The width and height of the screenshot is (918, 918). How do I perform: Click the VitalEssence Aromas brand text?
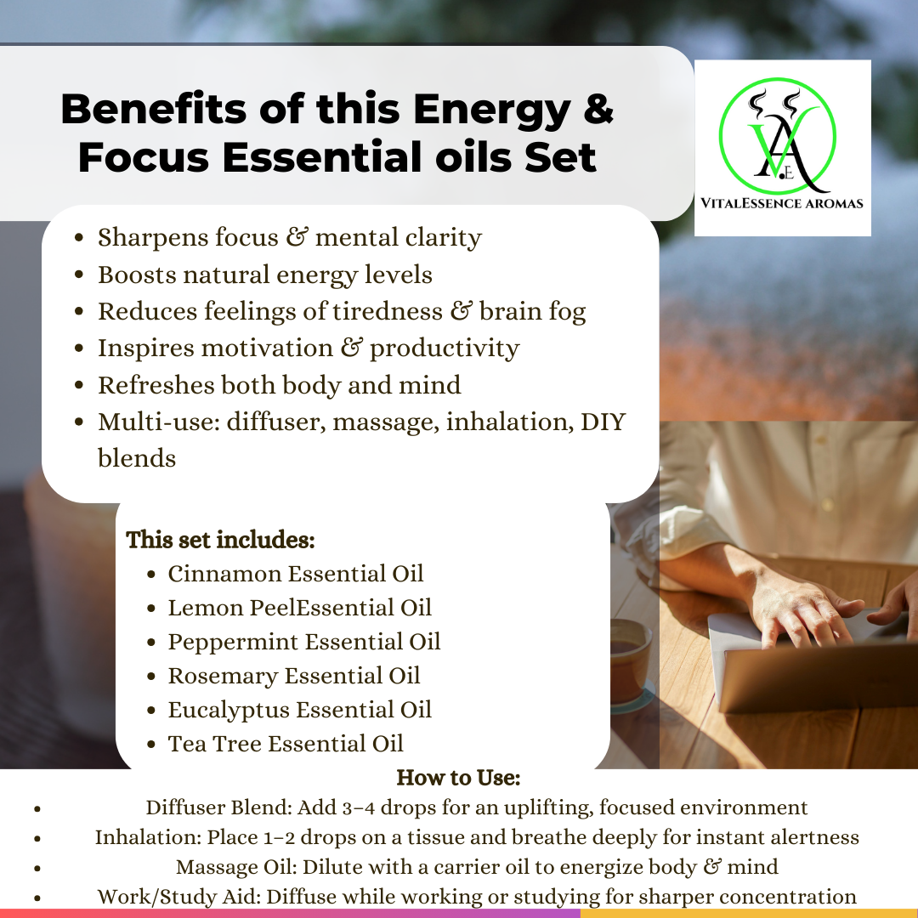782,203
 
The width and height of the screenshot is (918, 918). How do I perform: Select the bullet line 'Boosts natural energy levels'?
264,275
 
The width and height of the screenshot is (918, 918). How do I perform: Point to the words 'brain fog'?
532,312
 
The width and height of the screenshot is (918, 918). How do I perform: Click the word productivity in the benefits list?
445,349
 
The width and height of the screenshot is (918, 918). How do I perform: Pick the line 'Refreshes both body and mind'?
280,385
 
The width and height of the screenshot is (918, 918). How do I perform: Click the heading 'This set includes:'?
220,540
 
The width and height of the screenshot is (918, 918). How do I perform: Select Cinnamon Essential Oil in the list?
295,574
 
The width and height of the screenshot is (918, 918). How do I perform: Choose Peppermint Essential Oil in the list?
303,643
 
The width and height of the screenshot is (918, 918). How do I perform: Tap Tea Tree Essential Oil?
286,744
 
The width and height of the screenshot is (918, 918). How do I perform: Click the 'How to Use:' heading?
458,778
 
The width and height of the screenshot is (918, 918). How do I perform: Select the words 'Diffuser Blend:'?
219,808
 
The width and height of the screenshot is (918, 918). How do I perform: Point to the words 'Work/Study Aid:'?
179,897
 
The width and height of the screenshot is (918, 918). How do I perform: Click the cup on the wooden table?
630,661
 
